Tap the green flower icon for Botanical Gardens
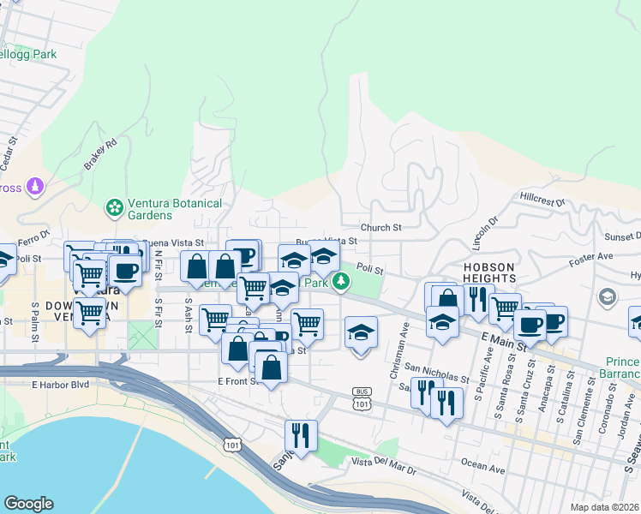[113, 207]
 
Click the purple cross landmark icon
[35, 185]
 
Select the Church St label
[380, 228]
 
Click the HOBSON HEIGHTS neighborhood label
[489, 272]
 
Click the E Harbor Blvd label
[61, 385]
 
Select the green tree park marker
[341, 281]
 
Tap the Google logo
[28, 504]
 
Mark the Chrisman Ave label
[398, 340]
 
